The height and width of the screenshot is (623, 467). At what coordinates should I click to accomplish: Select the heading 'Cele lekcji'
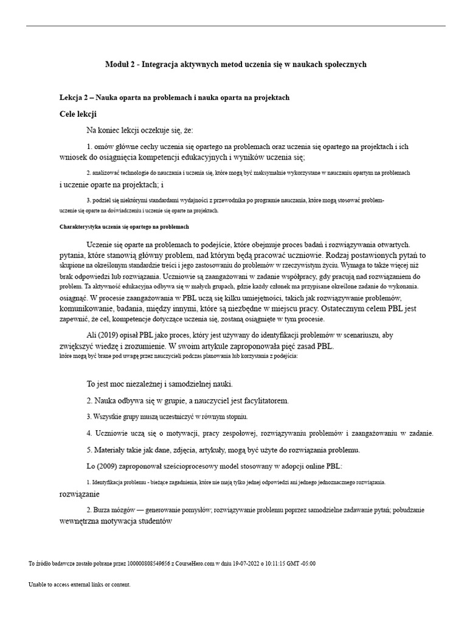click(x=78, y=114)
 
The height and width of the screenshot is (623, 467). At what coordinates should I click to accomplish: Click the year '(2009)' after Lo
click(x=111, y=466)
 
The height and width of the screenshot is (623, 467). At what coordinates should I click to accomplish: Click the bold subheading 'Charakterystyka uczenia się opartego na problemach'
click(x=124, y=226)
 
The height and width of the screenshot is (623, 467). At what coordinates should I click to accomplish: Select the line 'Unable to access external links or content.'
click(x=79, y=585)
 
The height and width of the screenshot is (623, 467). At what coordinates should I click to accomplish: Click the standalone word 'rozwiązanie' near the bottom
click(x=79, y=494)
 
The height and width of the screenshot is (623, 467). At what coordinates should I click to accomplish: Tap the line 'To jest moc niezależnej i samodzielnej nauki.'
click(x=160, y=385)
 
